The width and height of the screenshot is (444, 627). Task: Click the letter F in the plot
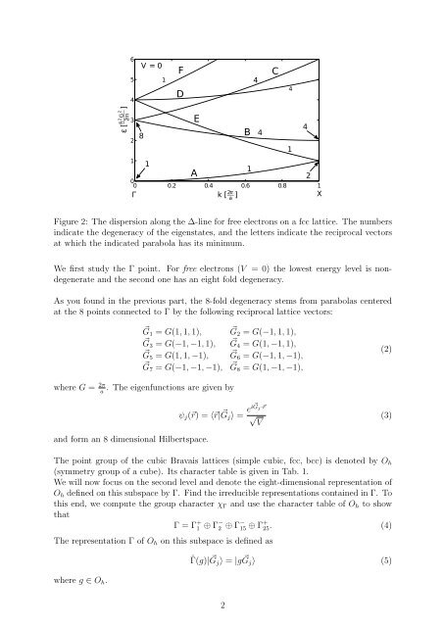pos(181,70)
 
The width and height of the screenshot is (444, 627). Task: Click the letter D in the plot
pos(180,93)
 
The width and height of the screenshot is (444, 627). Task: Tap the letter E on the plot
pos(197,119)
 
